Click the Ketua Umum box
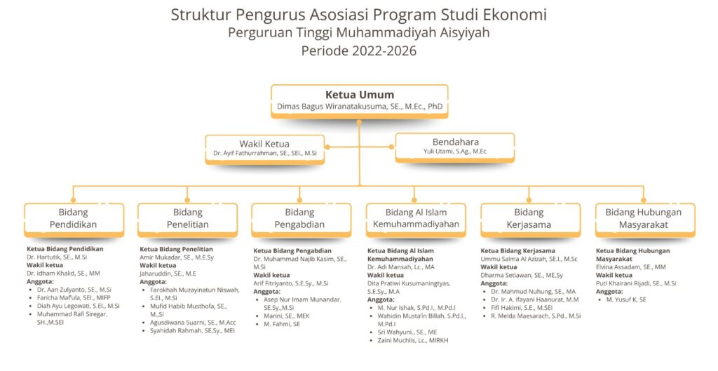[360, 101]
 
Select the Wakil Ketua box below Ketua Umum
[264, 149]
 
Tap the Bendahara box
[454, 147]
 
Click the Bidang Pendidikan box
[74, 220]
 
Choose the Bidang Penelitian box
[188, 220]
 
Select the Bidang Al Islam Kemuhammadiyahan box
[416, 220]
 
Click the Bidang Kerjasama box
[530, 220]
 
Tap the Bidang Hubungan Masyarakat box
[645, 220]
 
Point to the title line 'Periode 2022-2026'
[359, 50]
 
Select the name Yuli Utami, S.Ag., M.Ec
[454, 151]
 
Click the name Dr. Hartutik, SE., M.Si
[57, 257]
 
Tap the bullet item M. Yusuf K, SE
[626, 299]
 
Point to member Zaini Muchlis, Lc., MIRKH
[413, 340]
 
